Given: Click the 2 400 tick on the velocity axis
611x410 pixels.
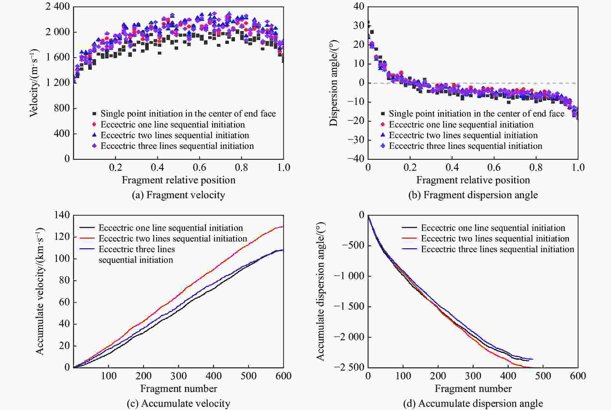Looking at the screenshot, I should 58,6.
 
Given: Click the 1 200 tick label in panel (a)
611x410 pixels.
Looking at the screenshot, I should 58,83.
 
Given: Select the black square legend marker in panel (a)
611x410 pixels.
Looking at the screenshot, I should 94,114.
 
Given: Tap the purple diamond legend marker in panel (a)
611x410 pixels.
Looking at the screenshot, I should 94,146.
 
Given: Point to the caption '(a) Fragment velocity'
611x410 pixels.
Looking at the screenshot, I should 178,195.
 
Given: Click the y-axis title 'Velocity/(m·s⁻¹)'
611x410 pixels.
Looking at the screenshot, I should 34,83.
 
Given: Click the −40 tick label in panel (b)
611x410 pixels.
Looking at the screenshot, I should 356,159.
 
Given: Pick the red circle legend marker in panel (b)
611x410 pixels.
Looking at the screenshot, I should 383,125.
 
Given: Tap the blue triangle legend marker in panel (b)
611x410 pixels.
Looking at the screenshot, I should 383,135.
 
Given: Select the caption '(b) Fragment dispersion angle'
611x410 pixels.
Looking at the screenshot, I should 473,195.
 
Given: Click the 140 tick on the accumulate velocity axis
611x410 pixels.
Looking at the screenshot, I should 62,215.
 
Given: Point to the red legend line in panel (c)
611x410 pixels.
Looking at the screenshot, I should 87,239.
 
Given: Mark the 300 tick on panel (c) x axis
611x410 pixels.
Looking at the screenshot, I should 178,376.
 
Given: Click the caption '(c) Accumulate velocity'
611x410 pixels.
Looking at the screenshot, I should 178,404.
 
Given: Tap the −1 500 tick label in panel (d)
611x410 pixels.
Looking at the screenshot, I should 349,306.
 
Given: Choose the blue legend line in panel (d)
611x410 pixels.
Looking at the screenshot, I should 410,249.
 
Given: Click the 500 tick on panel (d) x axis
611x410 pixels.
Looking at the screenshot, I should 543,376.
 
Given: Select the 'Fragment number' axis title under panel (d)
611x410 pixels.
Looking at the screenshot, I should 473,389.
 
